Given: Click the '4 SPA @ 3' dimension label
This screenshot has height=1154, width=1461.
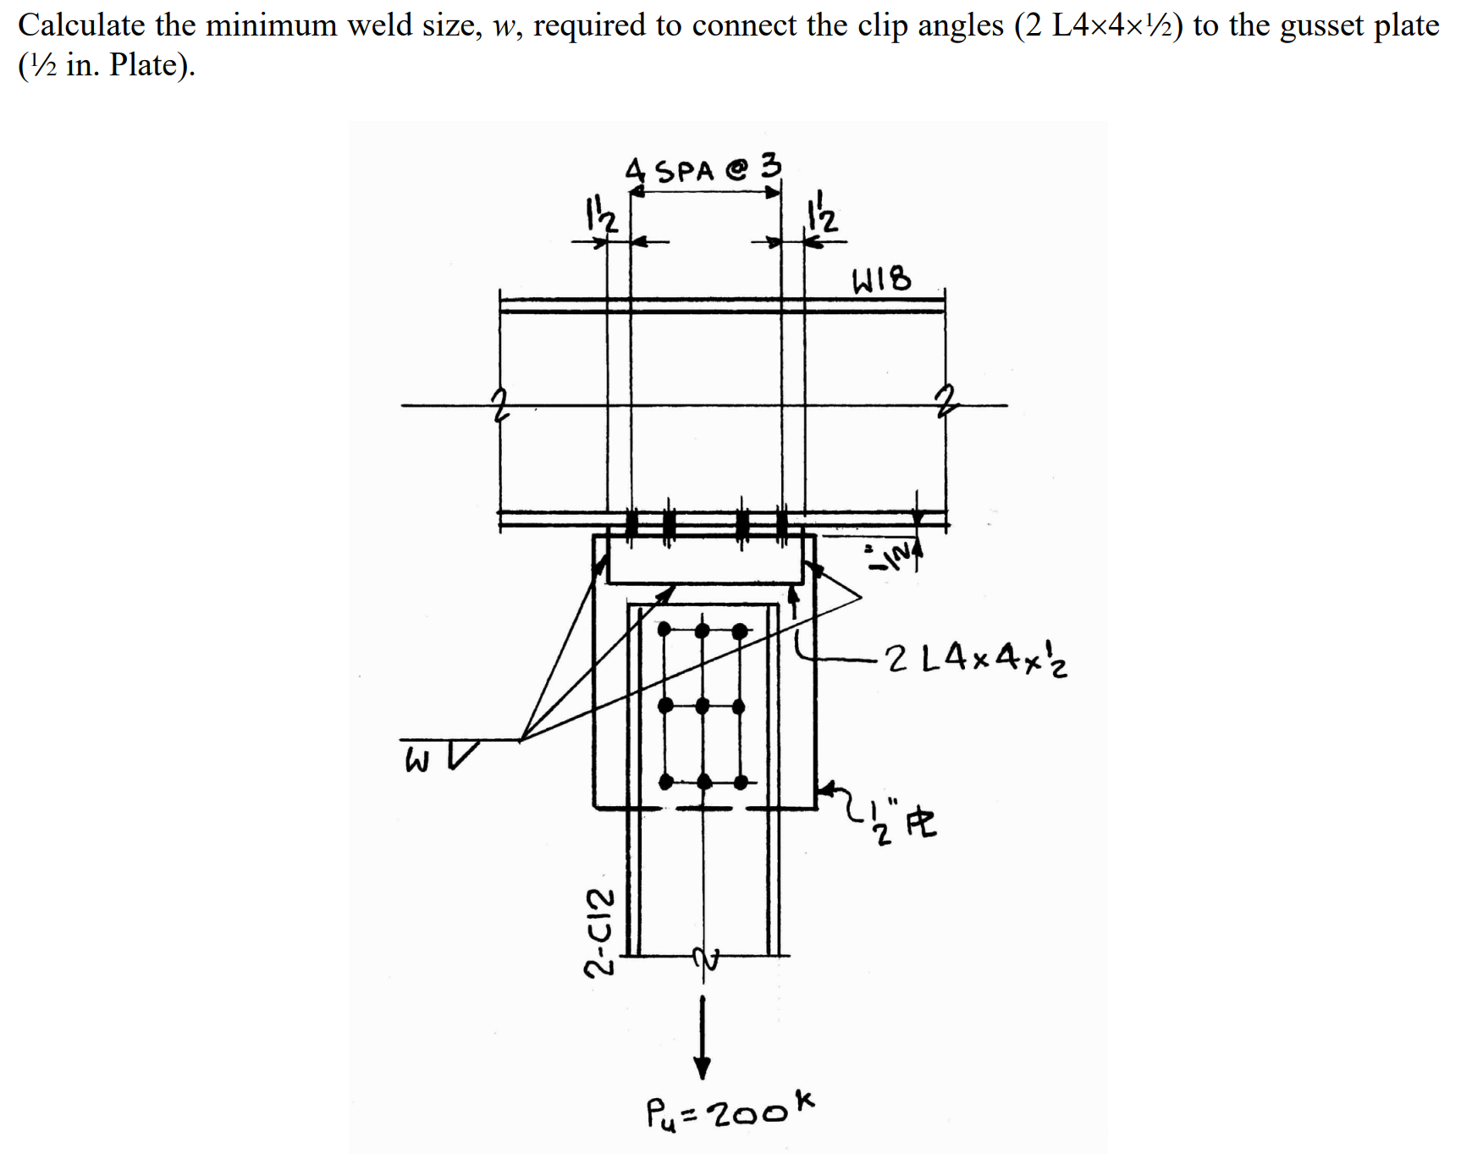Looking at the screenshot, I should tap(703, 168).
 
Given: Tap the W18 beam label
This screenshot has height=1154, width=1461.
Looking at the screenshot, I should tap(882, 279).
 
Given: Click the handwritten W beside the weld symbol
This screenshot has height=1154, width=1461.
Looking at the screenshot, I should tap(416, 761).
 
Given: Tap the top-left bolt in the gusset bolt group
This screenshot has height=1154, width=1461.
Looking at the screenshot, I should tap(664, 629).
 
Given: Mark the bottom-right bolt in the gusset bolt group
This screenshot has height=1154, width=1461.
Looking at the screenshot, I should tap(740, 780).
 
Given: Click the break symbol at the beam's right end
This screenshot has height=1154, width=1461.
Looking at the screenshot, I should tap(944, 398).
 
